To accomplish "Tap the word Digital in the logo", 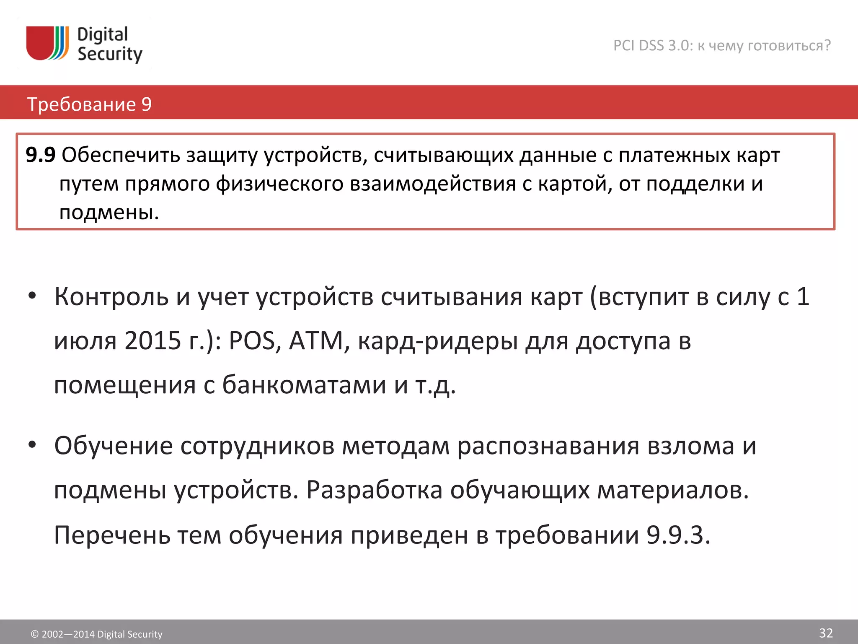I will coord(103,34).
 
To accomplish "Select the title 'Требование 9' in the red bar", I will coord(89,104).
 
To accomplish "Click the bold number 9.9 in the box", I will coord(40,155).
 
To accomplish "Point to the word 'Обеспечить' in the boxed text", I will coord(121,155).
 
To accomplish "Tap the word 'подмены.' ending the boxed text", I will coord(109,212).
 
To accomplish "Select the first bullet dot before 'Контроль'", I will coord(32,296).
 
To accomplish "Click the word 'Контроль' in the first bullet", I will coord(111,297).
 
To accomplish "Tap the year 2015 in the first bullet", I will coord(152,340).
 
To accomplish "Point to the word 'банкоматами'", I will coord(304,384).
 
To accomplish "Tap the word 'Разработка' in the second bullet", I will coord(374,490).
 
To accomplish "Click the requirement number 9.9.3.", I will coord(678,535).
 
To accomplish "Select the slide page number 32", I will coord(826,633).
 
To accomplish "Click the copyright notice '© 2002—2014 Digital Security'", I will coord(96,634).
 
